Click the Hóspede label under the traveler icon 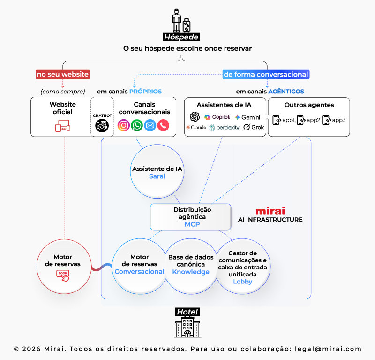(181, 38)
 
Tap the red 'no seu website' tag (62, 74)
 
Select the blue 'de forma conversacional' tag (266, 74)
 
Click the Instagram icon (123, 125)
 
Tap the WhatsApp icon (137, 125)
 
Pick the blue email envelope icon (150, 125)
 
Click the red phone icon (163, 125)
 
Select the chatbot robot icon (102, 125)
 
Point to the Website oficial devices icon (62, 126)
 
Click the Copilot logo (217, 117)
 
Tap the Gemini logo (247, 117)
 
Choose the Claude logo (196, 127)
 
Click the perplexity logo (224, 127)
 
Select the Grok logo (254, 127)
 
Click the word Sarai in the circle (157, 176)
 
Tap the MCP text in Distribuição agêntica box (192, 224)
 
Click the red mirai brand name (270, 211)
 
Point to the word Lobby (242, 282)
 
